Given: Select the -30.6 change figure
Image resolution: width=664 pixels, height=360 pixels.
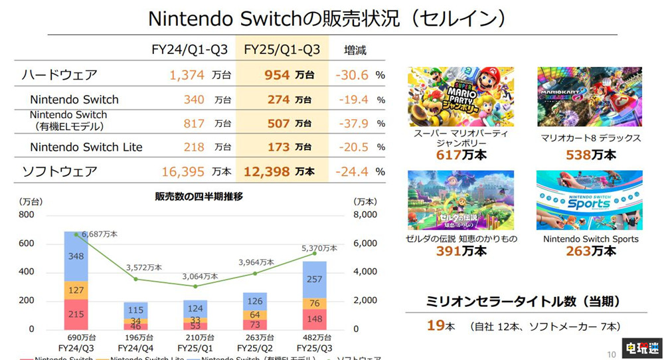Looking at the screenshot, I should click(x=352, y=75).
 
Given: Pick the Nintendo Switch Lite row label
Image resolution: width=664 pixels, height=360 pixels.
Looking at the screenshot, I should click(x=86, y=147).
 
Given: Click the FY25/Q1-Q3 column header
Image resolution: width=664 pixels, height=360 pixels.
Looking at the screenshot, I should click(x=282, y=50).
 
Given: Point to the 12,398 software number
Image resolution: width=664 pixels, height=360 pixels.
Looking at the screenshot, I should click(x=268, y=171).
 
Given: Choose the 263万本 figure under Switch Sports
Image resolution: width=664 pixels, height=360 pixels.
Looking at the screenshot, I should click(x=590, y=251).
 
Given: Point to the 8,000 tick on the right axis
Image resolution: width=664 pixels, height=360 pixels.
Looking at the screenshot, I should click(x=365, y=215).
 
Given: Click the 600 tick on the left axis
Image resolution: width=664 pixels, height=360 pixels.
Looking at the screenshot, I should click(x=27, y=244).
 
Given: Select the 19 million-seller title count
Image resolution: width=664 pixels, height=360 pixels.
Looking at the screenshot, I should click(x=435, y=326).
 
